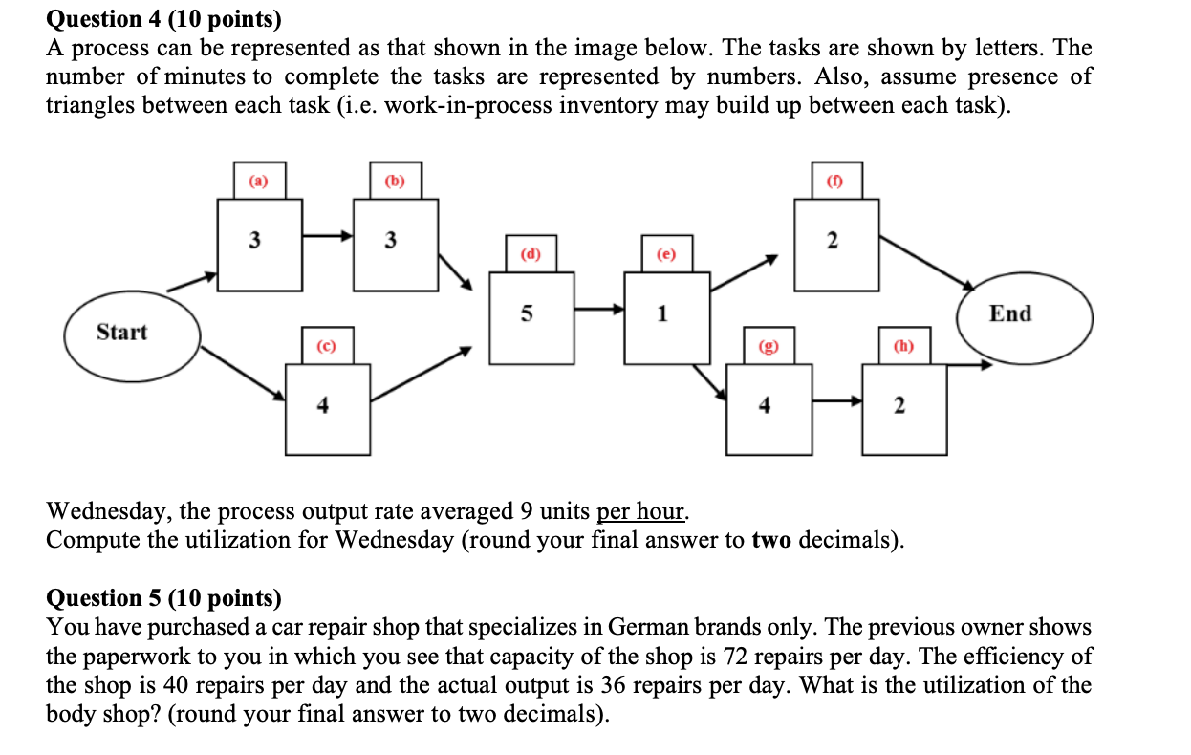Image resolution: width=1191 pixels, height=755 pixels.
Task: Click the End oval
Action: pos(1024,314)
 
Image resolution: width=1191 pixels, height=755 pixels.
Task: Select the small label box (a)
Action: pos(259,181)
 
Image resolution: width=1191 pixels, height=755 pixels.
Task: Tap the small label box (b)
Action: pos(395,181)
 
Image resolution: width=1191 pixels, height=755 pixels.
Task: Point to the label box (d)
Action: pos(531,254)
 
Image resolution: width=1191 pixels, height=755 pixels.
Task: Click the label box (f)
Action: pos(836,181)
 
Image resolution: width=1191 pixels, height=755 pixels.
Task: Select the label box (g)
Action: pos(769,345)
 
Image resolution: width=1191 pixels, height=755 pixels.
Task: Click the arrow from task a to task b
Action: pos(328,235)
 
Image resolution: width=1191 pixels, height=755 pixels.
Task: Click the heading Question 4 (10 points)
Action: pos(164,17)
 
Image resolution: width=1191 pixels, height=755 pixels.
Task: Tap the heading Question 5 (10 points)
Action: pos(164,598)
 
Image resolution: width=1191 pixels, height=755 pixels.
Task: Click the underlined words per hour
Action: pos(640,511)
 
